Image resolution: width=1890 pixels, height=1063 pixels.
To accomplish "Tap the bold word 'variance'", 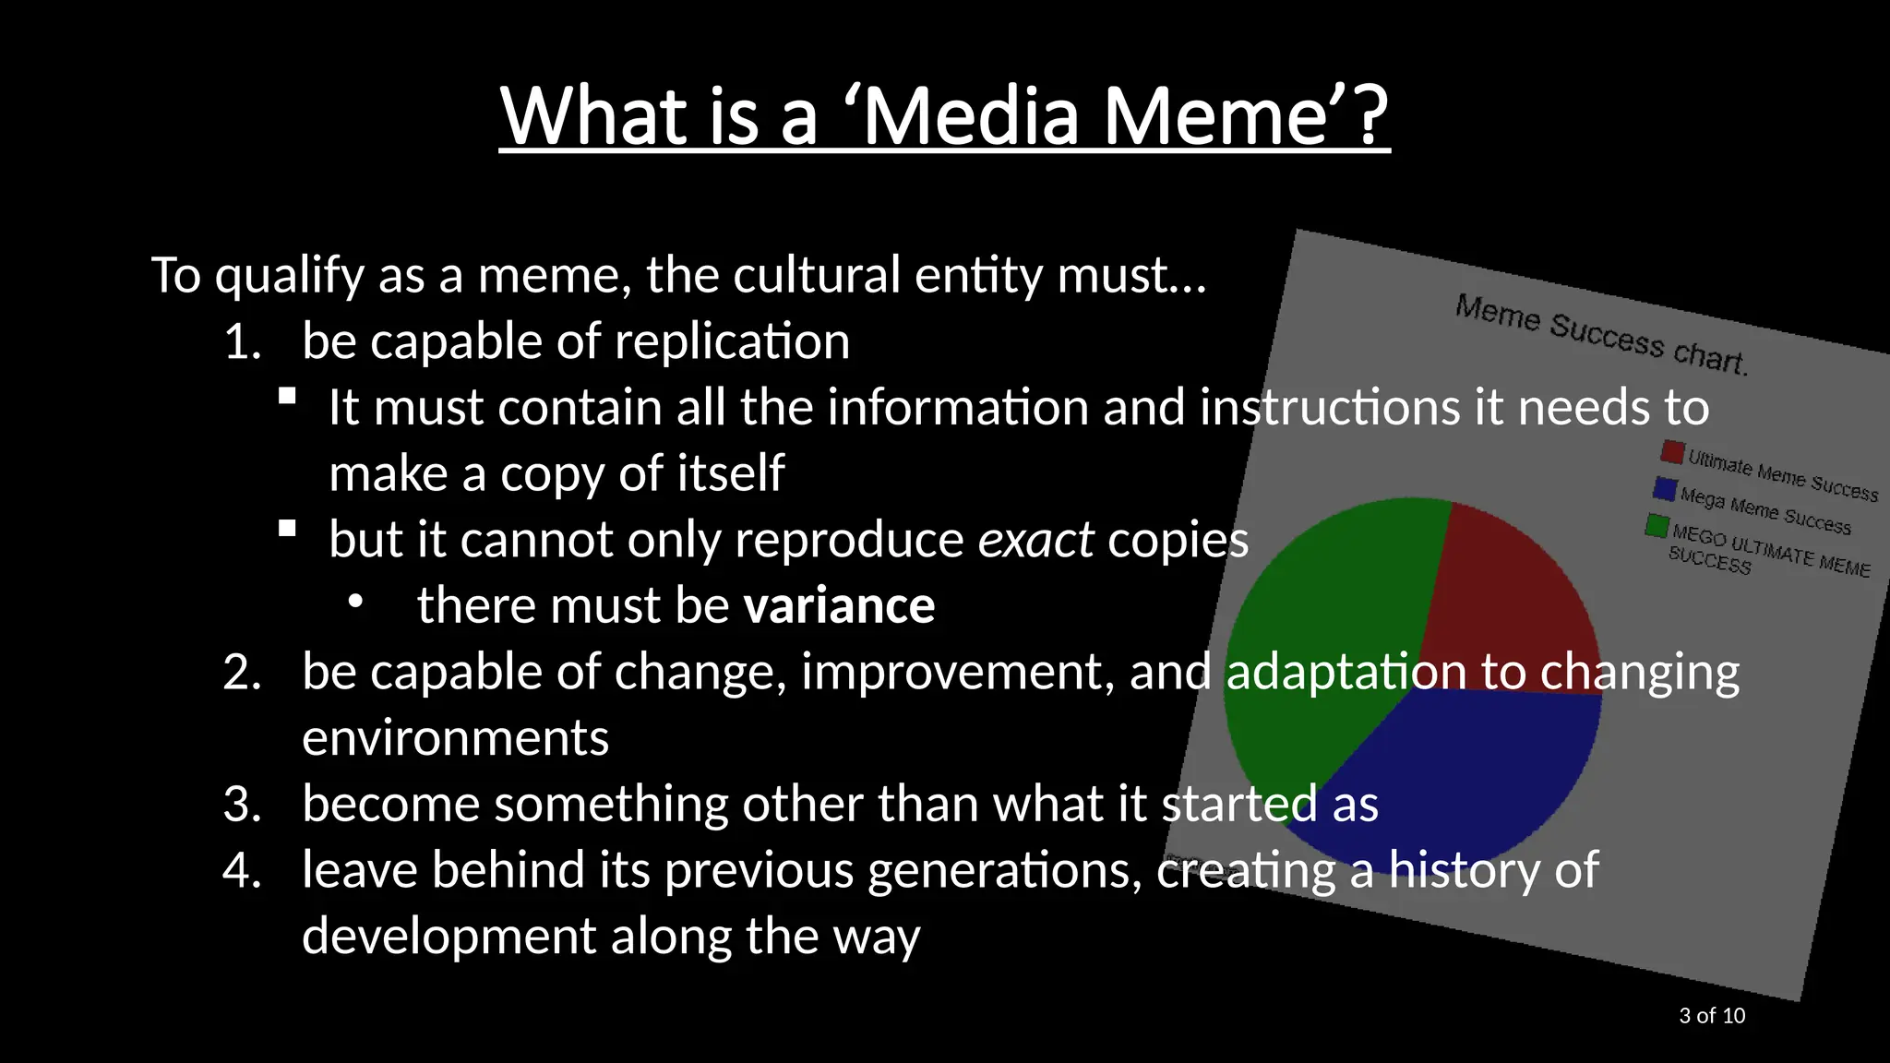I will coord(839,606).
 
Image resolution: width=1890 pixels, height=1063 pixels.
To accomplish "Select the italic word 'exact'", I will coord(1035,540).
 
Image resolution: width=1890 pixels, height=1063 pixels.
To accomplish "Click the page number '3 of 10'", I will coord(1712,1016).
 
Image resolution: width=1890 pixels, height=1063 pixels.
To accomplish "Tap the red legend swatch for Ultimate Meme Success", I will coord(1672,451).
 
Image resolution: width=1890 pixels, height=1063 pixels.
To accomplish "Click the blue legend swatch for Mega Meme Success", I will coord(1665,488).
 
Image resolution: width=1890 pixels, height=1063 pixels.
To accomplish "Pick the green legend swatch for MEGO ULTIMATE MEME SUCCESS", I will coord(1657,525).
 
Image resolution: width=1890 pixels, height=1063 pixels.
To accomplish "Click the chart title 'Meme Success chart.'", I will coord(1601,334).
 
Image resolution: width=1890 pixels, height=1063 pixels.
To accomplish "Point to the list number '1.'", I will coord(243,342).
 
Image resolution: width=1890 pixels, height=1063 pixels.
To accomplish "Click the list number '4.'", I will coord(243,871).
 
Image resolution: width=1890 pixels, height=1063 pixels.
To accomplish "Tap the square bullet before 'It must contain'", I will coord(287,397).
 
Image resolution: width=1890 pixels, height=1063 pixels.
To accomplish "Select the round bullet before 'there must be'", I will coord(355,602).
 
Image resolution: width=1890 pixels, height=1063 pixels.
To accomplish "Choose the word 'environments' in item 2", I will coord(455,739).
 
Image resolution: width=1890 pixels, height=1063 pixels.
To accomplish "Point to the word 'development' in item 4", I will coord(449,937).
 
